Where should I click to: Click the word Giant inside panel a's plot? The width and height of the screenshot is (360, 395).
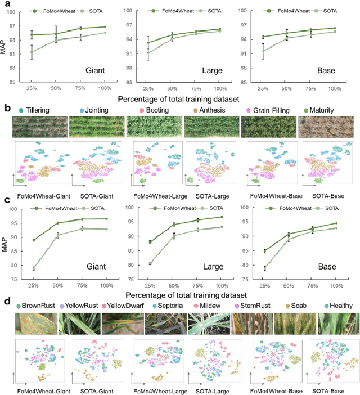pos(97,71)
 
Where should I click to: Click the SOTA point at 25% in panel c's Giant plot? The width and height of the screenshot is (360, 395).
pos(33,269)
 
